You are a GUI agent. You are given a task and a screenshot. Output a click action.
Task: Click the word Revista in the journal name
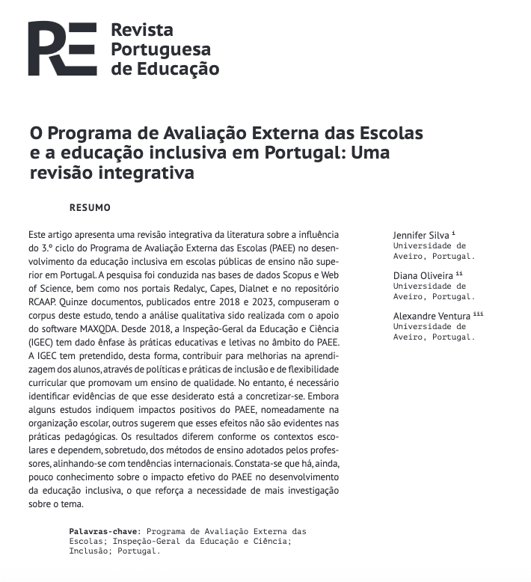(x=141, y=31)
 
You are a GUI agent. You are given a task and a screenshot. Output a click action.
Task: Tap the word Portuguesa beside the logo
(x=160, y=50)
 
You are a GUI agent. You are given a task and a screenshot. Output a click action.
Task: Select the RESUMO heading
(x=90, y=207)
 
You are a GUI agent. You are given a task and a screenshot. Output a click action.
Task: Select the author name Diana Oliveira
(x=423, y=276)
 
